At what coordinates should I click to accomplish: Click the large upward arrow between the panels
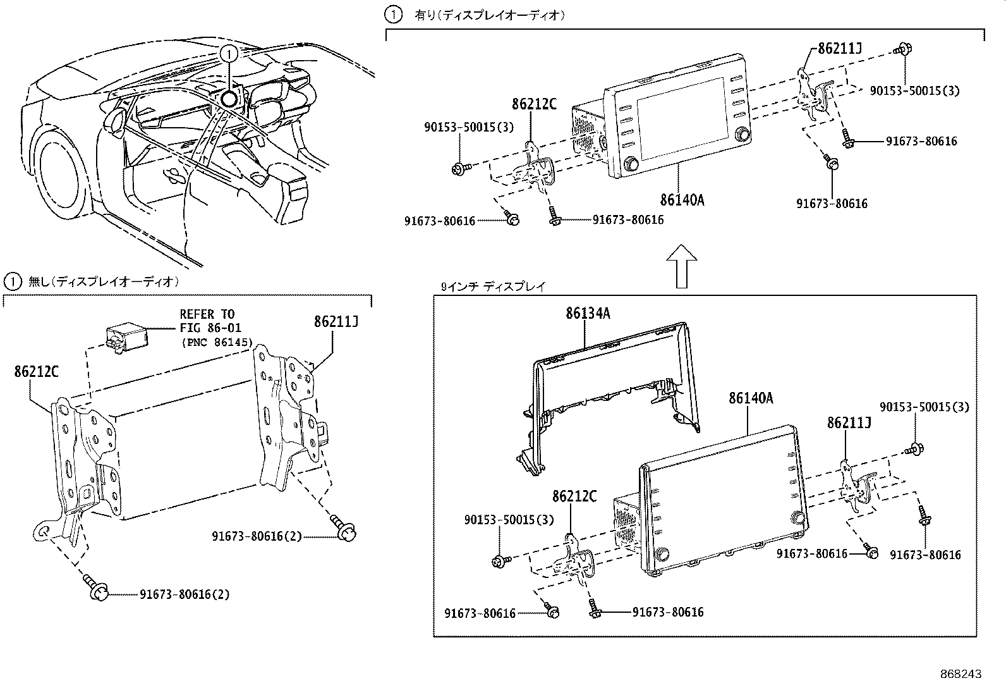[x=682, y=266]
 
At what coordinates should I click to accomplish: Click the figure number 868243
[x=961, y=674]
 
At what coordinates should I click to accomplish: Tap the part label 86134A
[x=588, y=313]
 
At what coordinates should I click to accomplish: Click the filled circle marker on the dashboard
[x=230, y=98]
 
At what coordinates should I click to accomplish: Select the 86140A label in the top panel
[x=682, y=200]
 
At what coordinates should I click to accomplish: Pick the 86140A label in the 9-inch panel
[x=751, y=398]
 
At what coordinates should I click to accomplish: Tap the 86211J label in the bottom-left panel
[x=336, y=322]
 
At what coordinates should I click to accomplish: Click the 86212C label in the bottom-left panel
[x=36, y=372]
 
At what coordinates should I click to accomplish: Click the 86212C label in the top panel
[x=534, y=104]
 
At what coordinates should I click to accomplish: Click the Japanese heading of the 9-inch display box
[x=492, y=286]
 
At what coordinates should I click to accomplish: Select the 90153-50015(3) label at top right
[x=914, y=91]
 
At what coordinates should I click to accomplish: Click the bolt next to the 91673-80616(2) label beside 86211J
[x=346, y=531]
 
